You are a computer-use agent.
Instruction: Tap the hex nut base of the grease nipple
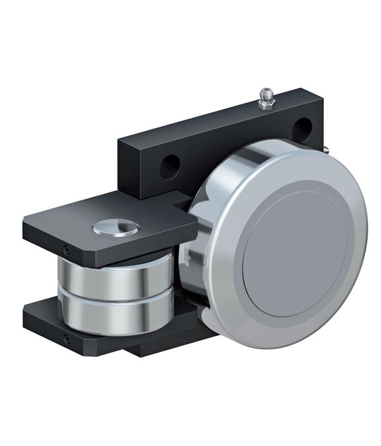coord(266,104)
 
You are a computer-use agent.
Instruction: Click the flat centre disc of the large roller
coord(294,250)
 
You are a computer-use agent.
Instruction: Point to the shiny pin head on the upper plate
coord(115,228)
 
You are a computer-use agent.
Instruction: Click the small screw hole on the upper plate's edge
coord(66,249)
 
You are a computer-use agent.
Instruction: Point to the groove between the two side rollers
coord(117,296)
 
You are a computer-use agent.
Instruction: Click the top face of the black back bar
coord(218,117)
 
